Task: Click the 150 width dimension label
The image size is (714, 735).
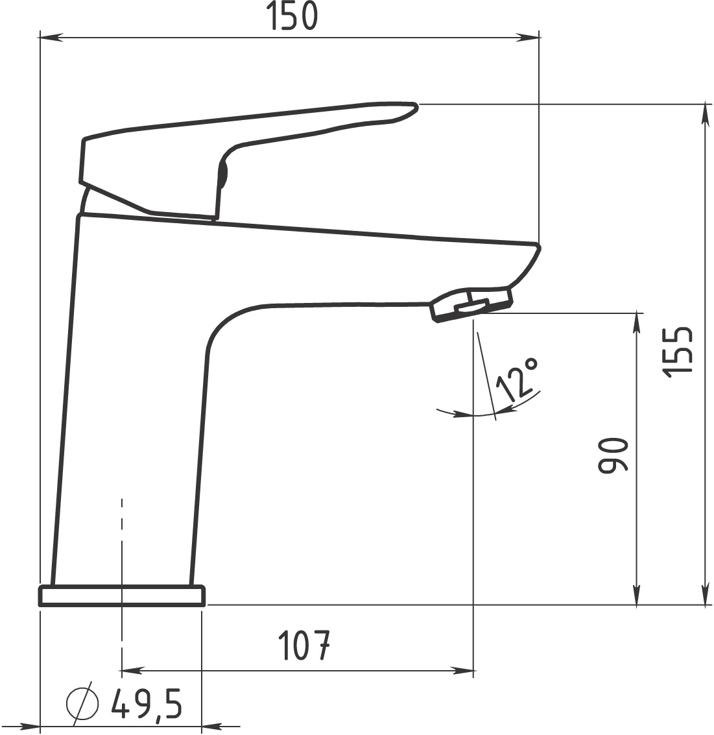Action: [292, 16]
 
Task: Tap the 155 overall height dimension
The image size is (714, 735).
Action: [678, 350]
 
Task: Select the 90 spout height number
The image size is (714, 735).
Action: [613, 455]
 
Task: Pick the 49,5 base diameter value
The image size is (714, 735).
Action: [146, 704]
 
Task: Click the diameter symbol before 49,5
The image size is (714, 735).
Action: [82, 704]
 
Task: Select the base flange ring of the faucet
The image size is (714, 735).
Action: [122, 596]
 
